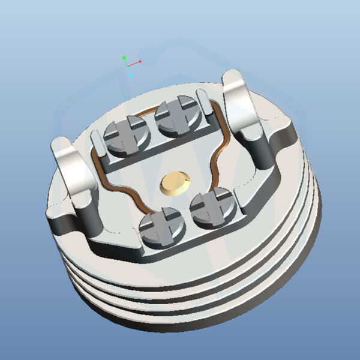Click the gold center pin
click(x=175, y=183)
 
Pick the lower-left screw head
click(x=160, y=226)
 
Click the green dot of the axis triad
click(x=124, y=58)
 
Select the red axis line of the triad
click(x=134, y=62)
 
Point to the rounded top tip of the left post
click(x=60, y=144)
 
